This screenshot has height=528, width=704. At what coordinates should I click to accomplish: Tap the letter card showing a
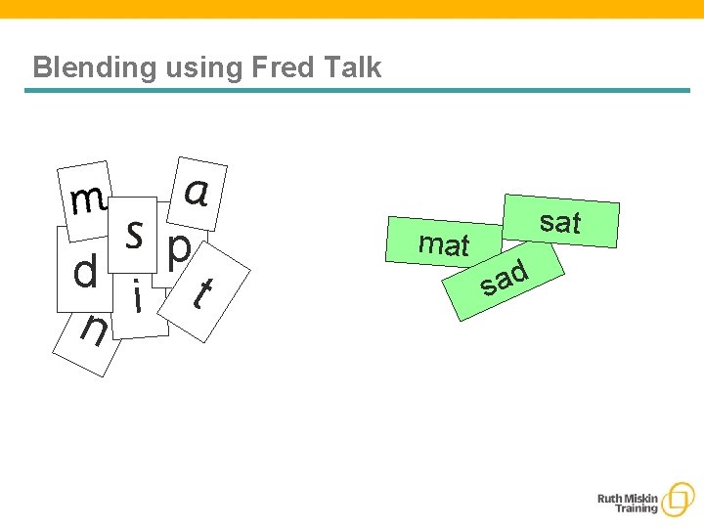[198, 190]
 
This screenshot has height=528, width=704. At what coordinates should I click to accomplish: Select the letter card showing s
[134, 234]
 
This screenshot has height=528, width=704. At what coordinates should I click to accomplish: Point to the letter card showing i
[139, 297]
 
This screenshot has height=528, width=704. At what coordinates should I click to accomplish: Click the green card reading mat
[444, 243]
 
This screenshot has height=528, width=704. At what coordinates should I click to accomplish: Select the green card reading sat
[561, 222]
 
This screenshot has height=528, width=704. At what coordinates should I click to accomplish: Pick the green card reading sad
[506, 279]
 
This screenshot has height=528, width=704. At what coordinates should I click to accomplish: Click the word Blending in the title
[79, 67]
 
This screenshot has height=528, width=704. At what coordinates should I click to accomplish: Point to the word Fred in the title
[283, 67]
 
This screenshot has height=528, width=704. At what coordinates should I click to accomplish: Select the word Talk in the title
[351, 67]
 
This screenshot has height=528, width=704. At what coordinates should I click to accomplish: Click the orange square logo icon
[676, 500]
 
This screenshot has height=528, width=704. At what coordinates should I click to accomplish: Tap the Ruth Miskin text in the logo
[628, 499]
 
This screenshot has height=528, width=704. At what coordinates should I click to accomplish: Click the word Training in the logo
[636, 509]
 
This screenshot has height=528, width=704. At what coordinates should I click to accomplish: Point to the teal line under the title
[357, 91]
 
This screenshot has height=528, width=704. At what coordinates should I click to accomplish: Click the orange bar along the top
[352, 9]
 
